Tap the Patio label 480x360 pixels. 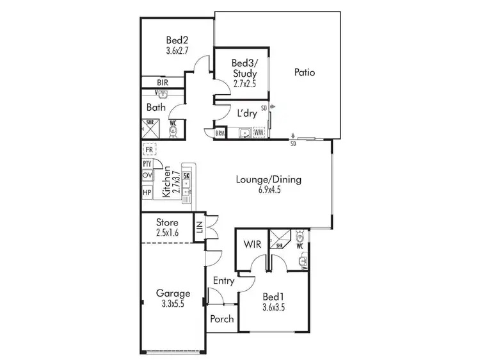point(305,72)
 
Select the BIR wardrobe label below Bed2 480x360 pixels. point(163,83)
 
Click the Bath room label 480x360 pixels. point(156,107)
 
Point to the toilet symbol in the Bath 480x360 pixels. point(173,131)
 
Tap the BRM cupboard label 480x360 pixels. point(220,133)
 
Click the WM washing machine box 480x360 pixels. point(259,133)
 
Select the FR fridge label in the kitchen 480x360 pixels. point(148,150)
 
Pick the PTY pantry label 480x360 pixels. point(147,164)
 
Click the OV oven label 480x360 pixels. point(147,176)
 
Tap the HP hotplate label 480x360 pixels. point(147,192)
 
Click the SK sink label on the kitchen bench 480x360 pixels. point(186,176)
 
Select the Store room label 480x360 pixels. point(168,222)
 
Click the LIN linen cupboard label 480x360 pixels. point(199,227)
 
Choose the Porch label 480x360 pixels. point(222,319)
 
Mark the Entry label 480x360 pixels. point(223,281)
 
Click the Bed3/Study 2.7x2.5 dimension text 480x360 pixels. point(244,84)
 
